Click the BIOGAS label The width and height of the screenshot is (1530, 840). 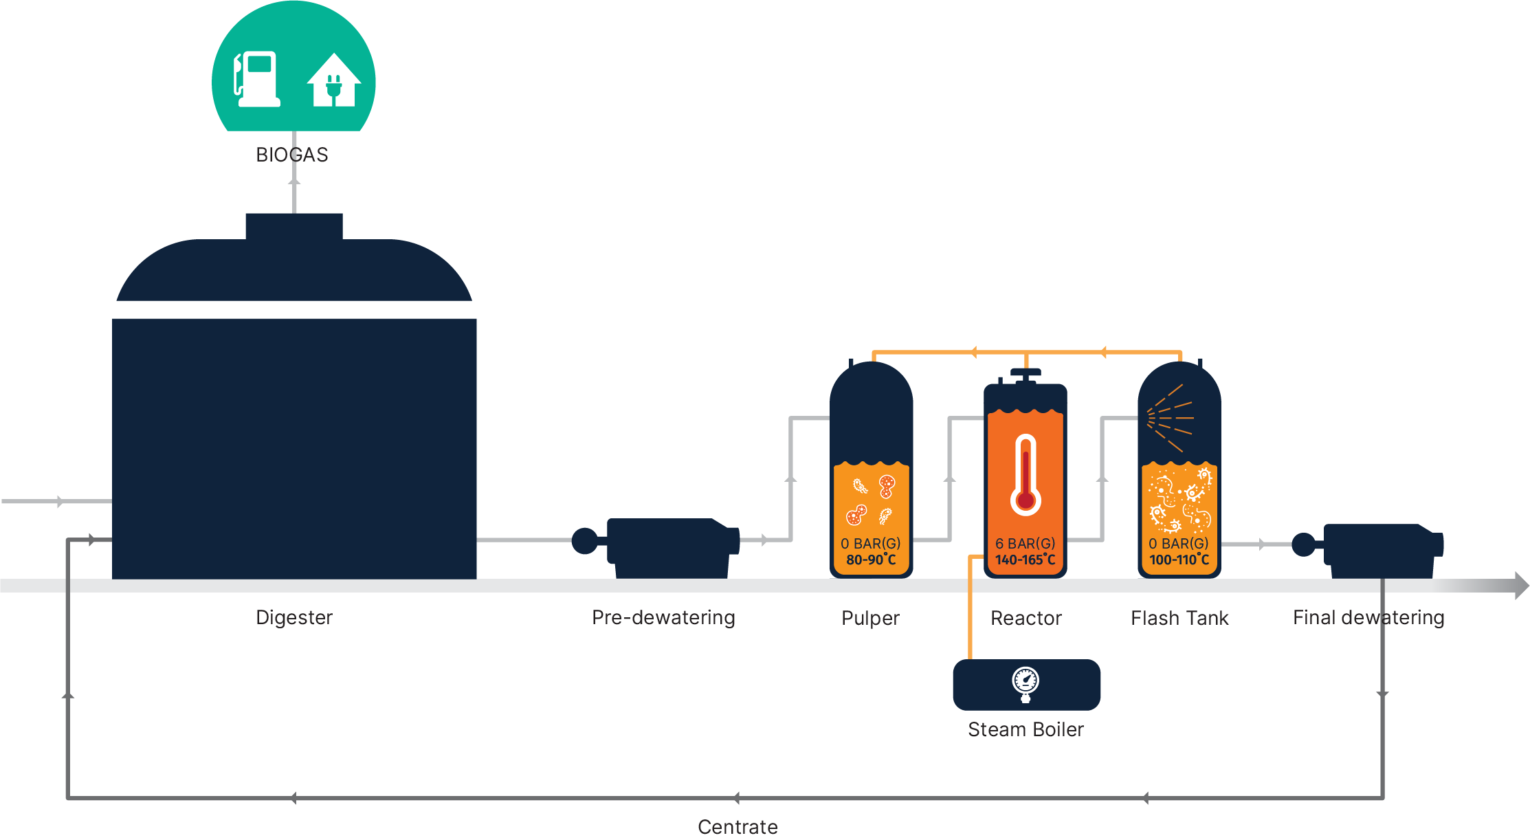pos(291,155)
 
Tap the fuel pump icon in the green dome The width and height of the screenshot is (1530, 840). pos(257,80)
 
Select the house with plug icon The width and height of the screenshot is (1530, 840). pos(334,81)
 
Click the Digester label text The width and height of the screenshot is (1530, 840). pos(293,617)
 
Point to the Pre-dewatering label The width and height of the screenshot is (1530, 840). pos(663,617)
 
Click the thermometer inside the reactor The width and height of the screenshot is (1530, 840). pos(1025,474)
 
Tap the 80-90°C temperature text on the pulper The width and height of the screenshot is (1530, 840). pos(871,560)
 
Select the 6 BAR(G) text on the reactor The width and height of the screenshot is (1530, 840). pos(1025,543)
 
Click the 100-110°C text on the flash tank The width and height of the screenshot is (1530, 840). pos(1179,560)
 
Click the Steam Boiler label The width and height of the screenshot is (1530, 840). pos(1025,729)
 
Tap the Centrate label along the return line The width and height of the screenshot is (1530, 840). pos(738,826)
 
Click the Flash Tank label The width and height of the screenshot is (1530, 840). pos(1179,618)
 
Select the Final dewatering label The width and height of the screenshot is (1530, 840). pos(1368,617)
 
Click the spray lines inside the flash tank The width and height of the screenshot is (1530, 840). pos(1170,417)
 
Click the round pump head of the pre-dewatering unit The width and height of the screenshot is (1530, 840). pos(585,540)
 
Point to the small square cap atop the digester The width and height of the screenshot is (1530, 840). pos(293,226)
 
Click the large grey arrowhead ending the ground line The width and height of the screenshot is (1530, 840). pos(1521,586)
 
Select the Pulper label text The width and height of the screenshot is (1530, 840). pos(870,618)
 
